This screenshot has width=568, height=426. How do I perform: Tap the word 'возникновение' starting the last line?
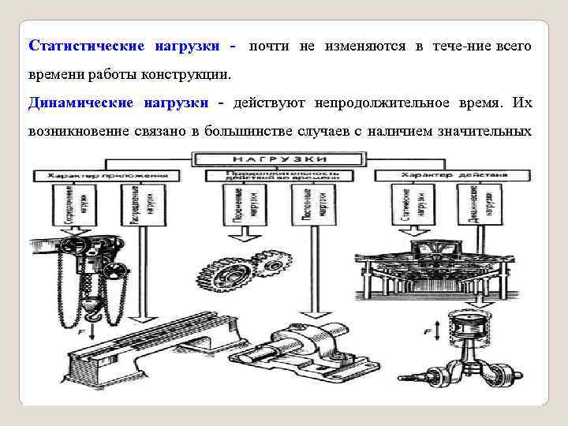(73, 129)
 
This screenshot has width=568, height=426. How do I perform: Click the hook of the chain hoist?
(93, 312)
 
